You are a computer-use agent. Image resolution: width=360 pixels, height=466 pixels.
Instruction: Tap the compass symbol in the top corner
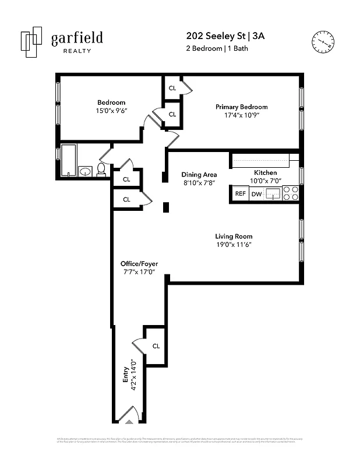[323, 41]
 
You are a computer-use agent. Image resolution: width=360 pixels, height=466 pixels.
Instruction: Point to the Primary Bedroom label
[241, 107]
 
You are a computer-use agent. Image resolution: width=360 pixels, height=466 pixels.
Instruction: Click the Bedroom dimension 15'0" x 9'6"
[111, 111]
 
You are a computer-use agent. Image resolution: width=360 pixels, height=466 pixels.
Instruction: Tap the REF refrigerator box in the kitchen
[239, 194]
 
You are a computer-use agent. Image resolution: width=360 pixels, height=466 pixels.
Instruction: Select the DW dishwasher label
[256, 194]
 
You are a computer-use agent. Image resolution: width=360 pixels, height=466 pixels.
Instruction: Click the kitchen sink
[273, 194]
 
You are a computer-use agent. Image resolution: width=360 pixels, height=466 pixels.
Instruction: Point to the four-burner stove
[291, 193]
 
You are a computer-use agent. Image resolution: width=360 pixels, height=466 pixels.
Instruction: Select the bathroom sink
[85, 171]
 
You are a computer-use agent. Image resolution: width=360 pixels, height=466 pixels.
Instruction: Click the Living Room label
[234, 236]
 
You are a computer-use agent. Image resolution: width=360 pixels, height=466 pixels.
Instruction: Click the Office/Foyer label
[139, 263]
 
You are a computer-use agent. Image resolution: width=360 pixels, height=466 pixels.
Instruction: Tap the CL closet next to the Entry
[156, 346]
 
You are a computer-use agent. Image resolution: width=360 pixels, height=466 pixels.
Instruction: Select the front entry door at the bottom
[128, 417]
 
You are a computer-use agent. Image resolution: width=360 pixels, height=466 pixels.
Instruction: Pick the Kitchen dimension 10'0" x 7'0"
[265, 181]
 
